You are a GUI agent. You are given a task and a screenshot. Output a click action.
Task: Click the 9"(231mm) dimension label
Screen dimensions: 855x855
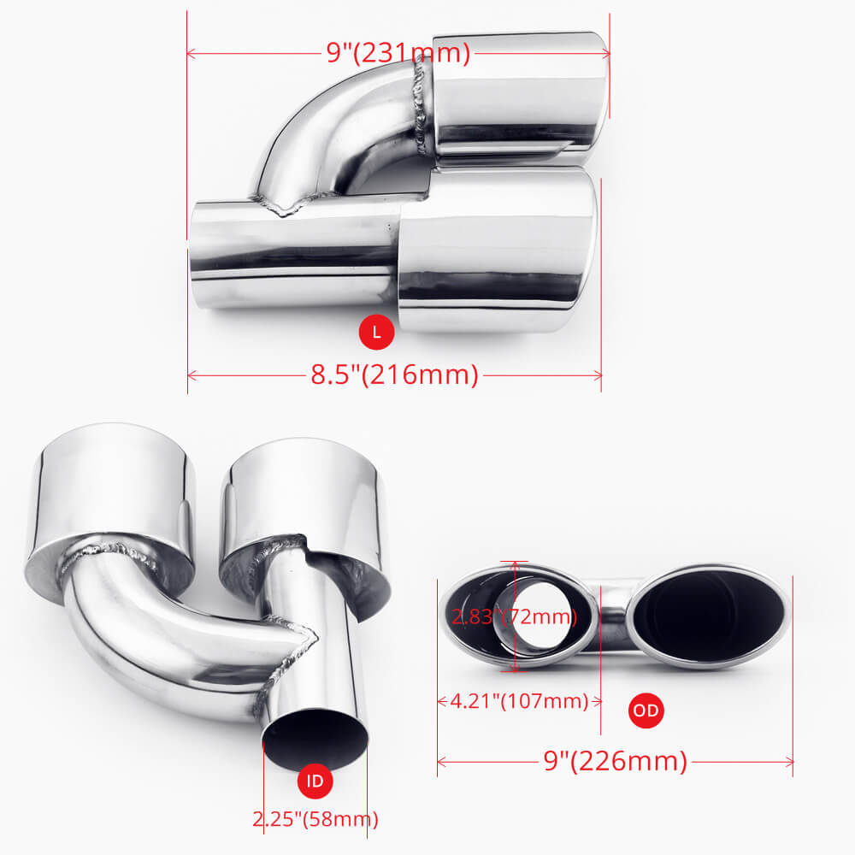[x=398, y=53]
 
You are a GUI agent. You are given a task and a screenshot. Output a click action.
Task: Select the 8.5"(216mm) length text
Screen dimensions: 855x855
[x=394, y=374]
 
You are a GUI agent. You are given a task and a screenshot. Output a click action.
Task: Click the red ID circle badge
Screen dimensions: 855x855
[x=315, y=780]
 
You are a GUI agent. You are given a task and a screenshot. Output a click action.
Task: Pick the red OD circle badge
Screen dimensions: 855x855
[x=646, y=709]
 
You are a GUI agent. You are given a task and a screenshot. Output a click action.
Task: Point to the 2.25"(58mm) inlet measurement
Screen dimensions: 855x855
[x=315, y=819]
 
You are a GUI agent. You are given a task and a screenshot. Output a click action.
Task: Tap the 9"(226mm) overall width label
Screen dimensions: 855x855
[x=616, y=760]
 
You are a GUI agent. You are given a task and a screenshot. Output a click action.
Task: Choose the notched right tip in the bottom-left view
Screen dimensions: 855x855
[x=308, y=504]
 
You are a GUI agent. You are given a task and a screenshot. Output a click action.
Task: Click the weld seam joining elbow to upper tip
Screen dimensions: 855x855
[x=422, y=107]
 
